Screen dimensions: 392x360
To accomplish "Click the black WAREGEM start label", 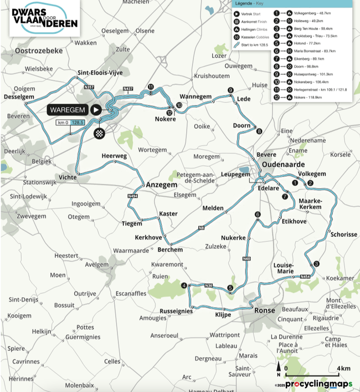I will click(x=69, y=109).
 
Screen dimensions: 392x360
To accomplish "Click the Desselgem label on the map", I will click(x=18, y=96).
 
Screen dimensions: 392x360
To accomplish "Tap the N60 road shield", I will click(x=246, y=259).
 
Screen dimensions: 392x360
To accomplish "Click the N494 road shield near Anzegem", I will click(x=133, y=196).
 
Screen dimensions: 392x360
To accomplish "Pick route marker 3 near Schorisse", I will click(x=316, y=264).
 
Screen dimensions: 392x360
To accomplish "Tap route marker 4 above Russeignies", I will click(x=184, y=286).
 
